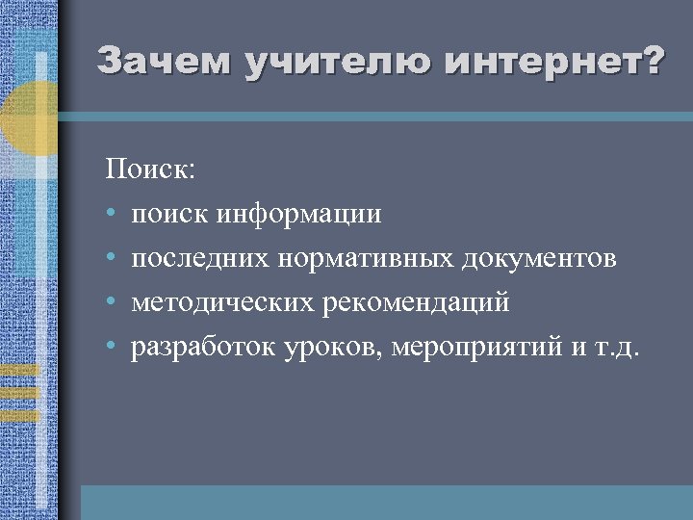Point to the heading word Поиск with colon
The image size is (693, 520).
click(151, 169)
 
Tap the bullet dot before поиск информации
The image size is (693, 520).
click(112, 214)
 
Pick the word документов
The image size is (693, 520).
click(541, 258)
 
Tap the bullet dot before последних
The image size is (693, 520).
click(112, 258)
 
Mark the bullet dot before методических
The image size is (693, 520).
click(112, 302)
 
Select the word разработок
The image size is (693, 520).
click(203, 347)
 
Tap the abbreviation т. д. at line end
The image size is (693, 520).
click(621, 347)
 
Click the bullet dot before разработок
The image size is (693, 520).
click(112, 347)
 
